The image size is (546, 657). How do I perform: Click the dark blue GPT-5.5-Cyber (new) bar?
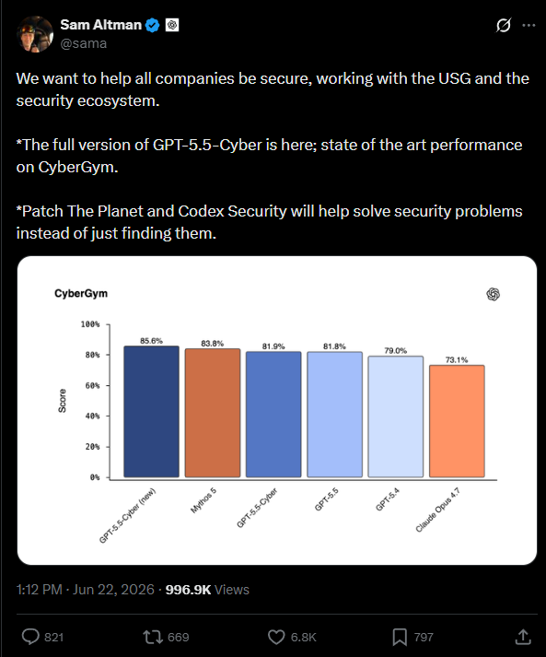151,412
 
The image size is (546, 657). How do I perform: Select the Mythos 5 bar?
213,413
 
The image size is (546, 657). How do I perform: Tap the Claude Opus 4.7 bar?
457,421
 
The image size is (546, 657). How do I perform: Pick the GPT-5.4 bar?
396,416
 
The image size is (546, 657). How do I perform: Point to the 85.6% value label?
151,341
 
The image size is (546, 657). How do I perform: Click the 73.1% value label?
457,359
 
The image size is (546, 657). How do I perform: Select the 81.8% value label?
334,346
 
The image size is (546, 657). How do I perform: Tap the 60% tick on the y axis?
93,385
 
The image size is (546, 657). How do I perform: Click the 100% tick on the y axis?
90,324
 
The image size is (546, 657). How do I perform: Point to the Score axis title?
63,401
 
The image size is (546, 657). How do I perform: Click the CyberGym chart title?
81,293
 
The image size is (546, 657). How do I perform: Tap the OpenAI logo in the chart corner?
494,294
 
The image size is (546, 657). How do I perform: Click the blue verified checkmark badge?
153,26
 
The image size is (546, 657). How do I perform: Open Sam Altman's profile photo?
35,34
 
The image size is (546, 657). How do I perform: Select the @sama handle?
84,43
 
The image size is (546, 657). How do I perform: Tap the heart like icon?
276,638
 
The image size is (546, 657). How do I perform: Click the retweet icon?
152,638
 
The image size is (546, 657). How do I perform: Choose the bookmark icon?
400,638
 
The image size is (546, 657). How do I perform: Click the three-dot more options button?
529,26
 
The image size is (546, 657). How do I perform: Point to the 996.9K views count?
188,590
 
